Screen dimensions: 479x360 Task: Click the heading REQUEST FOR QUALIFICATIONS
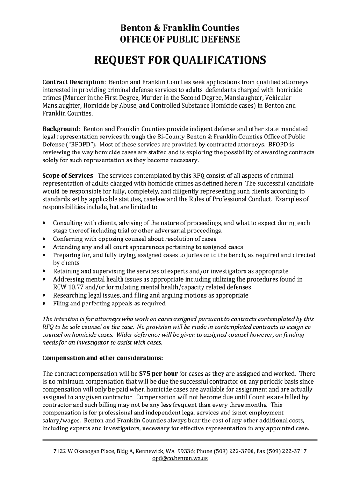pyautogui.click(x=180, y=60)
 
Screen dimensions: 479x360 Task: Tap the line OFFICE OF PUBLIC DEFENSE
pyautogui.click(x=180, y=40)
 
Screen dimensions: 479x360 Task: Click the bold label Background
pyautogui.click(x=60, y=129)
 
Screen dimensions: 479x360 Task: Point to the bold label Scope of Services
pyautogui.click(x=68, y=175)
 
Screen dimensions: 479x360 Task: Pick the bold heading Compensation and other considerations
pyautogui.click(x=103, y=358)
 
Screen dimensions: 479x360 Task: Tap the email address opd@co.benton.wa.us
pyautogui.click(x=180, y=459)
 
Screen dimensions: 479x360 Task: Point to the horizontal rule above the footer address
pyautogui.click(x=180, y=440)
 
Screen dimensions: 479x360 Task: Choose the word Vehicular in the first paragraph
pyautogui.click(x=275, y=98)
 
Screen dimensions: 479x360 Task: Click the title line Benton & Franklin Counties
pyautogui.click(x=180, y=28)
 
